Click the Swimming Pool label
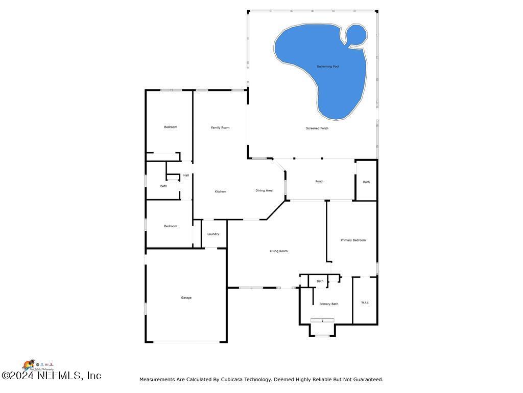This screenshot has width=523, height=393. click(328, 67)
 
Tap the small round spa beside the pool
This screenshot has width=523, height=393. click(356, 34)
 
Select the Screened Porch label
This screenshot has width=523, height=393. click(317, 128)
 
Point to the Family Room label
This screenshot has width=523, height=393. click(220, 127)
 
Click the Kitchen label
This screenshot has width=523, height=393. click(220, 191)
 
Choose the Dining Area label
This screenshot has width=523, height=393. click(264, 190)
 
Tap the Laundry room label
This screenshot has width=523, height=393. click(213, 234)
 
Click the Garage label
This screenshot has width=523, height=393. click(186, 297)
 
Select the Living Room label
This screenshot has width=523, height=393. click(279, 251)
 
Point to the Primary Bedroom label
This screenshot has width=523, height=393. click(353, 240)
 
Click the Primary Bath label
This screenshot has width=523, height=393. click(329, 304)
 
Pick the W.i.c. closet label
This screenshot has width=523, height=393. click(365, 302)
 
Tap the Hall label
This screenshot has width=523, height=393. click(186, 176)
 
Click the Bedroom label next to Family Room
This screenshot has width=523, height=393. click(171, 127)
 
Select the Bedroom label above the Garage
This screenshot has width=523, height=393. click(171, 226)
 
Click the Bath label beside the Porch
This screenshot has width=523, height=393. click(366, 182)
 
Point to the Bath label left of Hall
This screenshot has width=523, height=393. click(163, 186)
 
